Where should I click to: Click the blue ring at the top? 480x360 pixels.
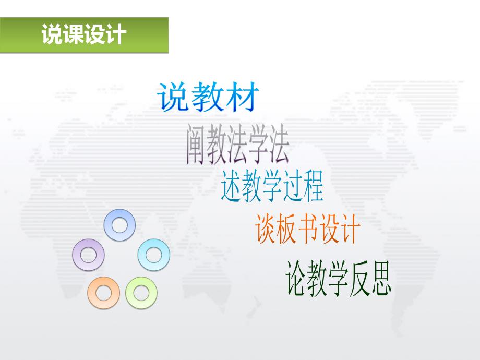[x=120, y=225]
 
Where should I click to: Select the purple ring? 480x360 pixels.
[x=88, y=255]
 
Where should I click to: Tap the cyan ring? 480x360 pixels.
[x=153, y=255]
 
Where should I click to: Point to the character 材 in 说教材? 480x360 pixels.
[x=241, y=97]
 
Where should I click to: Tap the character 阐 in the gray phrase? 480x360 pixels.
[x=196, y=146]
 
